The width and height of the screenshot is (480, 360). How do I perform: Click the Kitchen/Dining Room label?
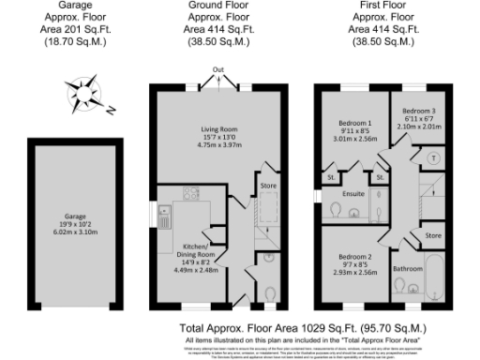point(198,254)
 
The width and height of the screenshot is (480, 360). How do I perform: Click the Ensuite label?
point(353,195)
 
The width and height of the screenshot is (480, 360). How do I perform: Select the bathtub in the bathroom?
point(435,278)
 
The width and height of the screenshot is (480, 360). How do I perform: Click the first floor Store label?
point(432,234)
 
